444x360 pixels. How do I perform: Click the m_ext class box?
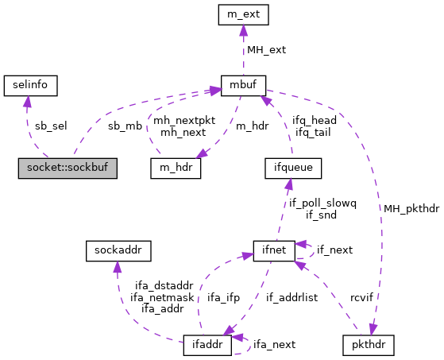point(243,14)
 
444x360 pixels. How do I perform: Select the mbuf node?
point(243,83)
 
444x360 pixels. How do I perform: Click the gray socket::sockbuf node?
point(68,168)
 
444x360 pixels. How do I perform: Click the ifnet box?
point(274,251)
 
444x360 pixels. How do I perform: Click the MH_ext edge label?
point(265,49)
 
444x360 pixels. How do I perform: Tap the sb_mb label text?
point(124,125)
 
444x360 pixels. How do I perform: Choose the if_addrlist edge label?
point(291,298)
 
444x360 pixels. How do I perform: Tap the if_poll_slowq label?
point(322,203)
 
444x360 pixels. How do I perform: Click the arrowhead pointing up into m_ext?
point(243,29)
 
